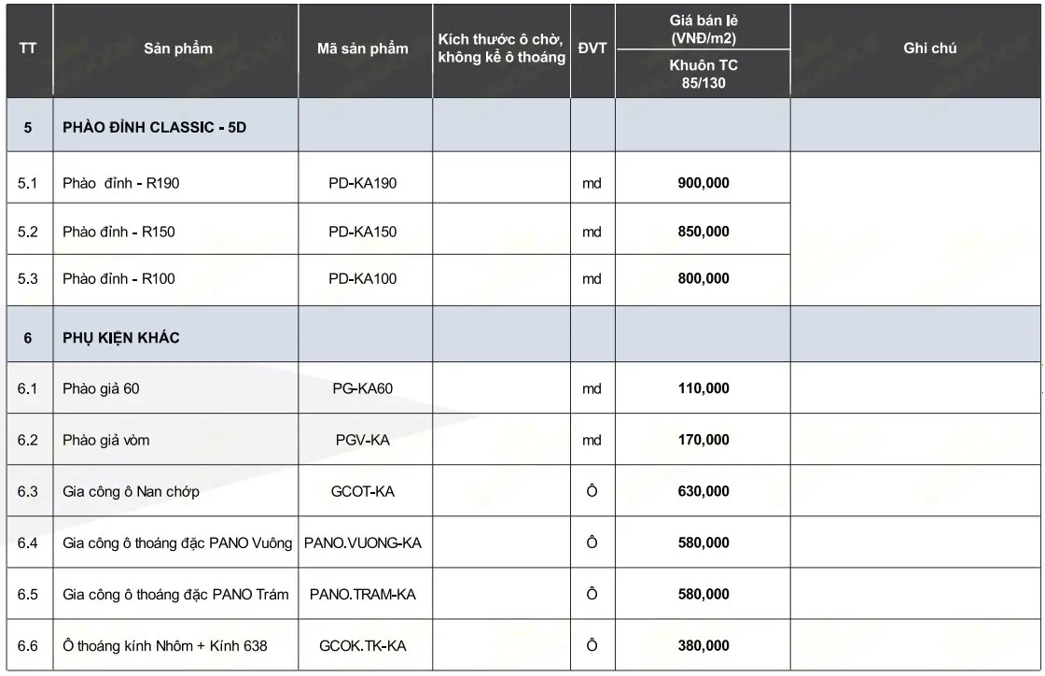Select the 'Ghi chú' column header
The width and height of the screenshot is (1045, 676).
[x=929, y=49]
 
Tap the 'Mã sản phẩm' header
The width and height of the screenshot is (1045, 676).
[x=363, y=49]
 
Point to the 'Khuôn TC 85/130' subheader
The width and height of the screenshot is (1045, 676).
[x=703, y=75]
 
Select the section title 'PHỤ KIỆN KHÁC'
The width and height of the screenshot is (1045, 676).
[x=121, y=338]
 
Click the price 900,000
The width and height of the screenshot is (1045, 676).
[x=703, y=183]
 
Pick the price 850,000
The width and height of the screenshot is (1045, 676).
[x=703, y=232]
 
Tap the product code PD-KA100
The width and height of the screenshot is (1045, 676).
[x=363, y=279]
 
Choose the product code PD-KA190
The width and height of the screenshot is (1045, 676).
[x=363, y=183]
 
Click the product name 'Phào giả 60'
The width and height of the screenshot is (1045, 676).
[x=101, y=388]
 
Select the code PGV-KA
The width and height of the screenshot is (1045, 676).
[x=363, y=440]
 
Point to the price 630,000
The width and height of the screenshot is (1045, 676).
[x=703, y=491]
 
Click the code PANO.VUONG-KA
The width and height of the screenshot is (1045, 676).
[x=363, y=542]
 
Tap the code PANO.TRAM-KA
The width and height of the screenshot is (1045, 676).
[x=363, y=594]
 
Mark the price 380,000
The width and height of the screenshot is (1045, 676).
[x=703, y=645]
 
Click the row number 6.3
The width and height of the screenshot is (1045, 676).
[x=28, y=491]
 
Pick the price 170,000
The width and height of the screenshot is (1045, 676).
[x=703, y=440]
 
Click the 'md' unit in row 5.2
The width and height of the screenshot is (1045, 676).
[x=592, y=232]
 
